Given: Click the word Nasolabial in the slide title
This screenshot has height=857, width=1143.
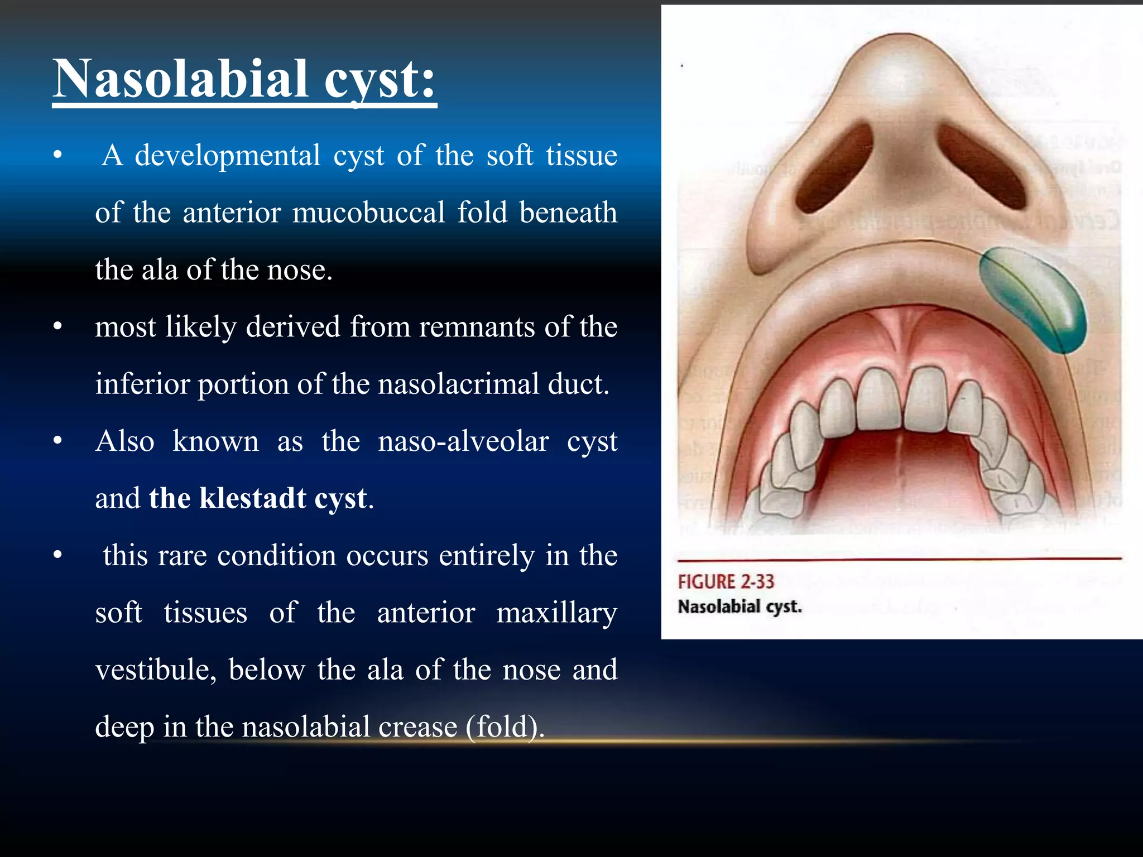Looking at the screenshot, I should click(181, 79).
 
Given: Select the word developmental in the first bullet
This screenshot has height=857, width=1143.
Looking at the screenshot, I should click(228, 156).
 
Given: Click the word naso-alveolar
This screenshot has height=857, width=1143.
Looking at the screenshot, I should click(463, 442).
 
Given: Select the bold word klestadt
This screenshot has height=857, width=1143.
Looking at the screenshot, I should click(253, 498).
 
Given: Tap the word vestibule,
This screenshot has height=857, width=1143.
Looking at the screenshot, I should click(156, 670).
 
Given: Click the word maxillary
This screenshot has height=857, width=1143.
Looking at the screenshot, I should click(556, 613).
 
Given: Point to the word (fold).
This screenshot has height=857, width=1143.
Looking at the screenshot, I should click(505, 727).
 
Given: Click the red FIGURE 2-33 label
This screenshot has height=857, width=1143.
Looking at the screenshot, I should click(726, 582).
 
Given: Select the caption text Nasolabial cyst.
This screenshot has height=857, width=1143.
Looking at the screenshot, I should click(739, 606).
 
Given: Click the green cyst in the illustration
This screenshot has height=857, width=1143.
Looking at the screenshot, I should click(1032, 298).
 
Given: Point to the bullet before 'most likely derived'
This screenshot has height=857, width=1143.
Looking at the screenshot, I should click(57, 328).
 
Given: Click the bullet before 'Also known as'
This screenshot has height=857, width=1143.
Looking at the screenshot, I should click(57, 442).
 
